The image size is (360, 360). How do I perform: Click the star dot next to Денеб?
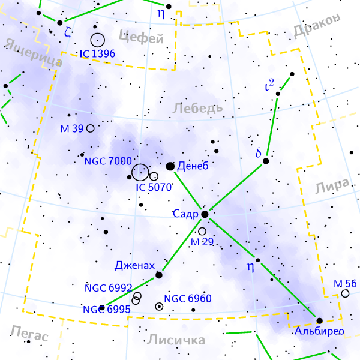tap(170, 166)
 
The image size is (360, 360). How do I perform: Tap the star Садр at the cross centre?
tap(205, 214)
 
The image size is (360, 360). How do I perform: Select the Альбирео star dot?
tap(319, 320)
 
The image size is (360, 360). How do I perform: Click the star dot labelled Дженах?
tap(159, 275)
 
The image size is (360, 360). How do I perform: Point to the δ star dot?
tap(266, 161)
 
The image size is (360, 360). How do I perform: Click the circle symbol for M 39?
tap(90, 128)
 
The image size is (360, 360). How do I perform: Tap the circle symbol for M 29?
tap(202, 231)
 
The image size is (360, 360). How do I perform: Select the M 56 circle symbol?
tap(345, 293)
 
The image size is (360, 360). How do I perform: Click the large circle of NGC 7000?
tap(140, 172)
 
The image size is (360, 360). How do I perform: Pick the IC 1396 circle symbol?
tap(98, 40)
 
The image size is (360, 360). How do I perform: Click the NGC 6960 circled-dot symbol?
tap(159, 306)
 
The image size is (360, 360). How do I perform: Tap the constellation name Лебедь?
tap(197, 108)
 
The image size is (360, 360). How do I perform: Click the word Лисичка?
tap(176, 340)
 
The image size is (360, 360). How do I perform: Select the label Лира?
tap(332, 187)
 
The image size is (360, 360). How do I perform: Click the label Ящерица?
tap(34, 53)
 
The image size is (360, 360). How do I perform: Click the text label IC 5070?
tap(154, 187)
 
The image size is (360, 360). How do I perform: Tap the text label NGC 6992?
tap(108, 287)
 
